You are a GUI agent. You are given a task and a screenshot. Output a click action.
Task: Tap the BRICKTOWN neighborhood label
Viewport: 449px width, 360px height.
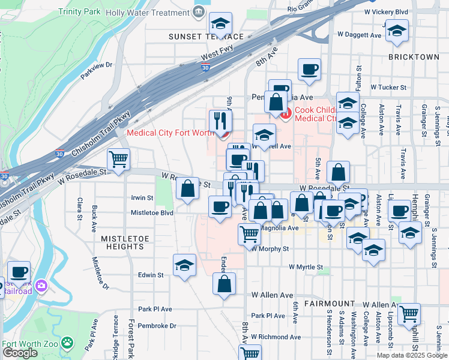click(414, 56)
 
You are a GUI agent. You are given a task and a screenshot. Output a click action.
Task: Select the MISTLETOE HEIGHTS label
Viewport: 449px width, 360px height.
click(125, 238)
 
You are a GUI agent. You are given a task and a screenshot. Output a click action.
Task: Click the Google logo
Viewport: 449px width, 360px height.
click(20, 353)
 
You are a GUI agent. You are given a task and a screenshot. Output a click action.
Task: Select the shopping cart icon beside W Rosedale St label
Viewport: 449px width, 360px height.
click(118, 160)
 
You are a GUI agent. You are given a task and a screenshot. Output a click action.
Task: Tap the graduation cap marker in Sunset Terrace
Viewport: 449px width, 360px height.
click(220, 24)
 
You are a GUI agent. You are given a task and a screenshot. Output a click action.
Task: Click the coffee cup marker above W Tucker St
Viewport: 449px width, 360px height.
click(309, 69)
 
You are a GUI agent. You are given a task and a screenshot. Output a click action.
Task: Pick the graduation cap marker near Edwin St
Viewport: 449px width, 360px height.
click(184, 265)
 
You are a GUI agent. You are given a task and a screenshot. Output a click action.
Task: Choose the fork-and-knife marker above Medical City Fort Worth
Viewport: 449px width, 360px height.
click(220, 121)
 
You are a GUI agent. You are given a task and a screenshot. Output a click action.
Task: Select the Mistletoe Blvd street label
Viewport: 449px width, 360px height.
click(152, 213)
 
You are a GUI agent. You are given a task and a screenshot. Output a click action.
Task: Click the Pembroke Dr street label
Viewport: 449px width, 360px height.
click(157, 326)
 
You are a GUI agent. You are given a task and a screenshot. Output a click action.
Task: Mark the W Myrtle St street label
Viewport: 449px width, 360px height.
click(306, 267)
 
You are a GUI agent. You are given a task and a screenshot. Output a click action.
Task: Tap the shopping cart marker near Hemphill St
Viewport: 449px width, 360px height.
click(409, 313)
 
